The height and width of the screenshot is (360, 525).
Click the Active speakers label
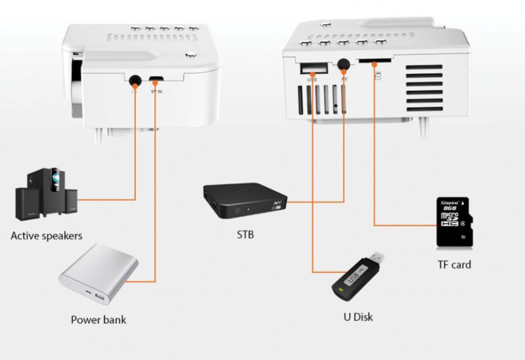click(x=47, y=236)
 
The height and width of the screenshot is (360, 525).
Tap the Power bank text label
click(x=98, y=320)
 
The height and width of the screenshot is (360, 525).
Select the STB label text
click(x=245, y=234)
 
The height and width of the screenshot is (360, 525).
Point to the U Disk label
click(x=358, y=316)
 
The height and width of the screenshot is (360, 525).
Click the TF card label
click(x=453, y=264)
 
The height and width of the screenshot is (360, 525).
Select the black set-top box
click(x=245, y=201)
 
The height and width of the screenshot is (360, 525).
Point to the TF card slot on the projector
click(x=367, y=62)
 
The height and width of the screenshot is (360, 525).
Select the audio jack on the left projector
click(x=134, y=80)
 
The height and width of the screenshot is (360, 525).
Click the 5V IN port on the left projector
click(x=155, y=79)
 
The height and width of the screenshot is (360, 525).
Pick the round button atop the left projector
click(x=190, y=54)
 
